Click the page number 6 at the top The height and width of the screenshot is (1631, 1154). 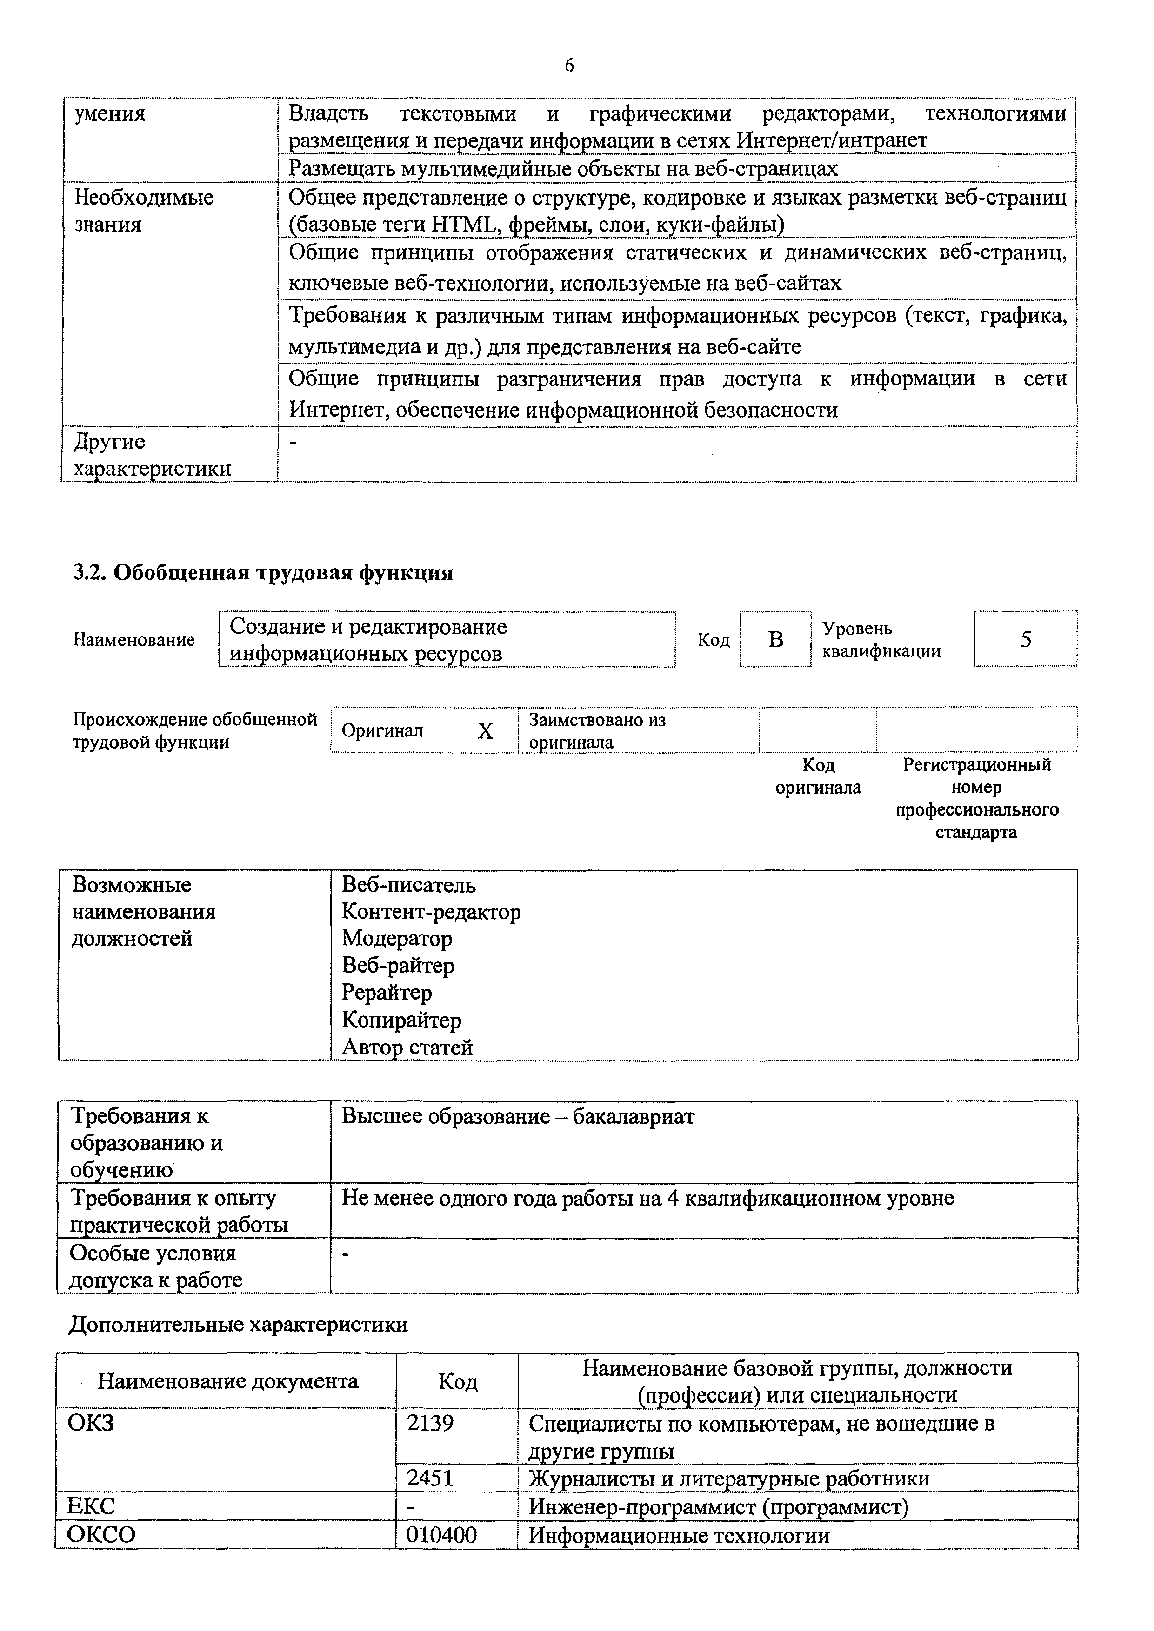[x=569, y=66]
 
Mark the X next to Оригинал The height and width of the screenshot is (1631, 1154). [x=485, y=730]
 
